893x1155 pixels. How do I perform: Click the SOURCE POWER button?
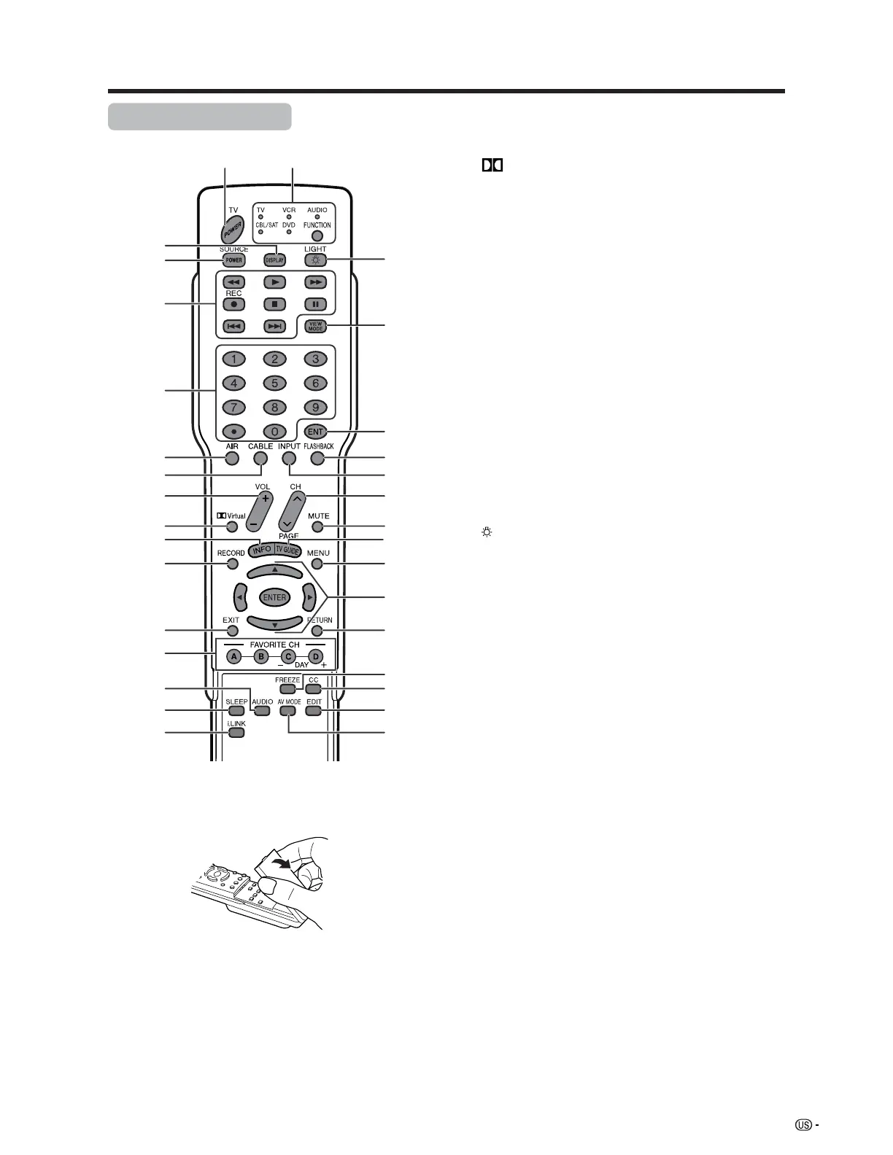point(233,260)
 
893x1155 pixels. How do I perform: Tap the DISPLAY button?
point(274,260)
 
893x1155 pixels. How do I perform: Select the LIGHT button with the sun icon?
point(315,260)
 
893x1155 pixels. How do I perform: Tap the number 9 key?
point(315,407)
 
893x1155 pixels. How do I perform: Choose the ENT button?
point(315,432)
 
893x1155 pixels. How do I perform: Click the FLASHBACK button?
point(317,458)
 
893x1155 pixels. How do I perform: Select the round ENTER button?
point(274,597)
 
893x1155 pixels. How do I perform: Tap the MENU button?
point(317,564)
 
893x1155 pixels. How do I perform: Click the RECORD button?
point(232,564)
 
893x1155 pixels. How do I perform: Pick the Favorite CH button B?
point(260,656)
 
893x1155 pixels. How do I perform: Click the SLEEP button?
point(236,710)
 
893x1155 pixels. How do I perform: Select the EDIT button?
point(314,710)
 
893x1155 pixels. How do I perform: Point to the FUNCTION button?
point(317,236)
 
